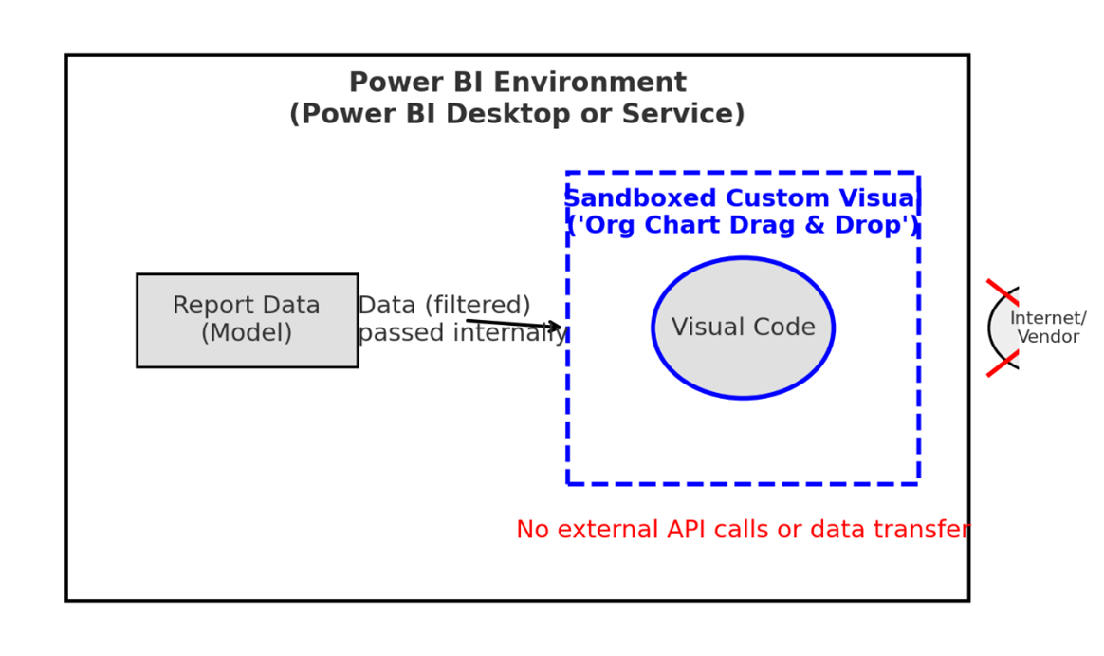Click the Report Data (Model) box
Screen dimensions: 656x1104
[247, 320]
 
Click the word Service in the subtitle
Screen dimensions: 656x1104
[690, 115]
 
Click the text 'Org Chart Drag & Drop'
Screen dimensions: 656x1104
[743, 226]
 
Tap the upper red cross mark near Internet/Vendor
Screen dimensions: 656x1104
[1002, 291]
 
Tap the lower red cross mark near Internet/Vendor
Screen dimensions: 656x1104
[1002, 364]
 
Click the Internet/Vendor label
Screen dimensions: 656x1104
[1048, 328]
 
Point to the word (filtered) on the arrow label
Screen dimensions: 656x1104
[477, 306]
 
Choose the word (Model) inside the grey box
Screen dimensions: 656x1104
[247, 333]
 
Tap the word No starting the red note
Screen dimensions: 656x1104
[532, 530]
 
